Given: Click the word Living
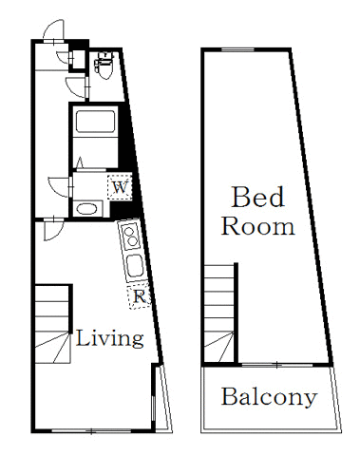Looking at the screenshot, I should coord(109,338).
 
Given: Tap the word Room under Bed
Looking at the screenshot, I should coord(257,227).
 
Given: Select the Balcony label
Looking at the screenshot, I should coord(269,397).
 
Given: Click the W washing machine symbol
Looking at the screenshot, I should coord(119,187).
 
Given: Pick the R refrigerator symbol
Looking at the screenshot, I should coord(139,295).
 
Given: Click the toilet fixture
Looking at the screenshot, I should coord(105,66).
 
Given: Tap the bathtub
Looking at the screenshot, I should coord(93,123).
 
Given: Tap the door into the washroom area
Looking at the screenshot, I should coord(62,185).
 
